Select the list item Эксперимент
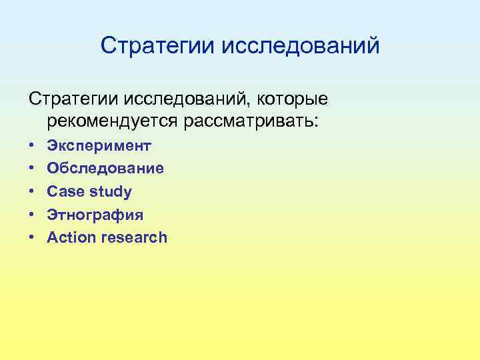[x=99, y=146]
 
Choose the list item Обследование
[x=105, y=169]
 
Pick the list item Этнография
[x=95, y=215]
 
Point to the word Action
[x=71, y=238]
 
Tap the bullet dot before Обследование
[x=31, y=169]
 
